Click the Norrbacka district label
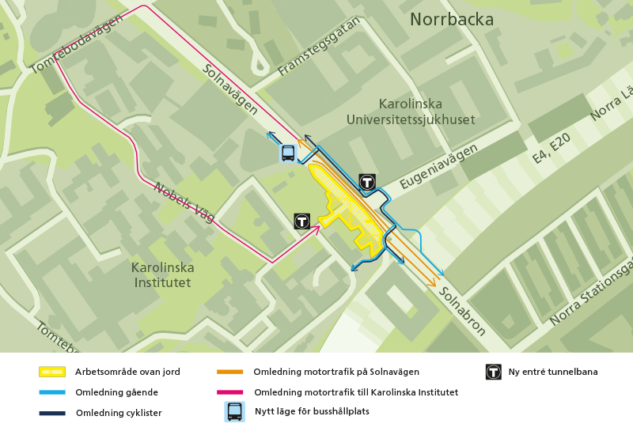click(x=451, y=20)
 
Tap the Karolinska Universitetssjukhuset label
click(x=411, y=112)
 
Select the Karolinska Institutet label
click(x=162, y=274)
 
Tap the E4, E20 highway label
click(x=552, y=148)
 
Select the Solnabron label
click(x=462, y=311)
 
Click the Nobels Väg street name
click(x=184, y=202)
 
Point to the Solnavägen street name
click(x=230, y=90)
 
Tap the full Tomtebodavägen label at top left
click(x=76, y=45)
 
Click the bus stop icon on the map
click(x=288, y=153)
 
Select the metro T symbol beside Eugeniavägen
click(x=366, y=181)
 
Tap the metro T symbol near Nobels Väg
click(x=301, y=221)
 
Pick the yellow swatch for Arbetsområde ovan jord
click(x=52, y=372)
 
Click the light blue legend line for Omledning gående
click(x=52, y=392)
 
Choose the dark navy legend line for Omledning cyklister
click(x=52, y=413)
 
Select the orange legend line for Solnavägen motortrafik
click(x=229, y=372)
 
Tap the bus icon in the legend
click(x=235, y=411)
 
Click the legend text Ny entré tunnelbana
click(x=552, y=372)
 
